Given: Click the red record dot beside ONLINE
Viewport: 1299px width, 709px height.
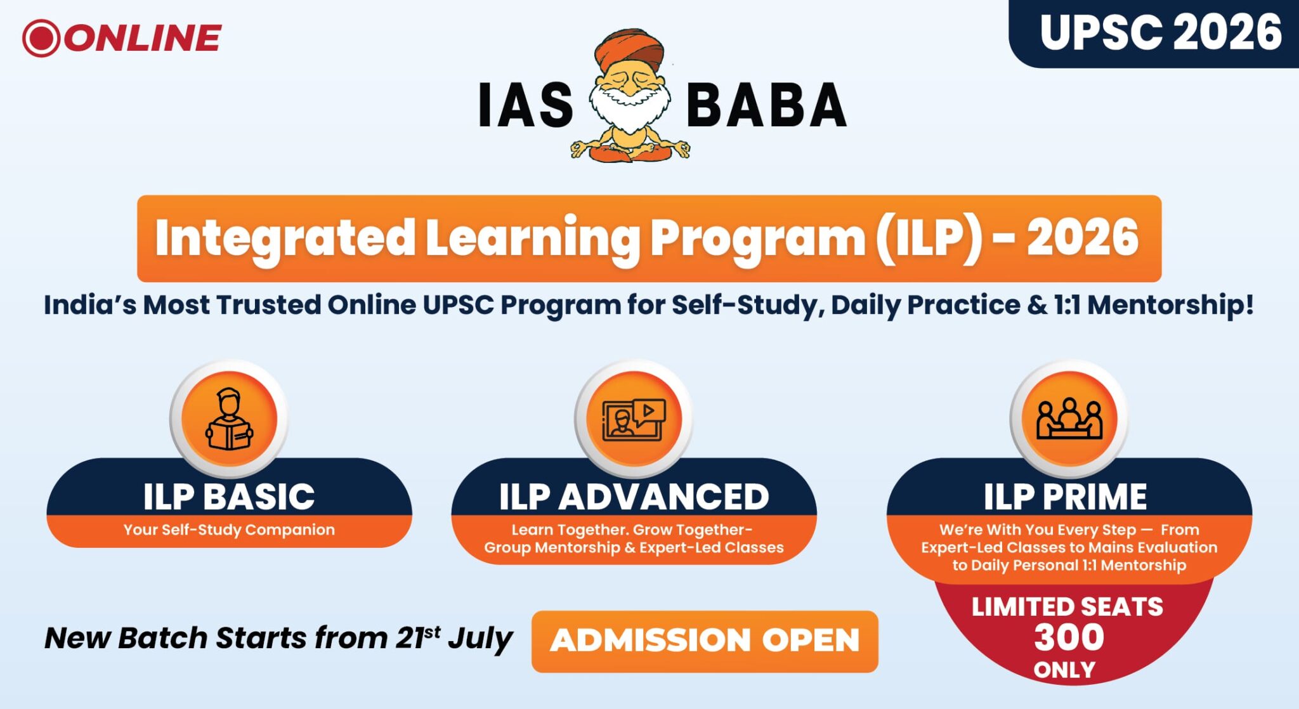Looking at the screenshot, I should [x=41, y=38].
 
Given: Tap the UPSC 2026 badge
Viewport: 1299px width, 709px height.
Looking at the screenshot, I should [x=1160, y=33].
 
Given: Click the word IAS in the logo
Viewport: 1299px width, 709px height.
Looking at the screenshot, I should [x=526, y=105].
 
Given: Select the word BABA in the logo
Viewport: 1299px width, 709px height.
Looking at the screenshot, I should [x=766, y=105].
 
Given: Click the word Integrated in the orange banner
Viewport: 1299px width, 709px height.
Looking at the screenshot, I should [x=285, y=238].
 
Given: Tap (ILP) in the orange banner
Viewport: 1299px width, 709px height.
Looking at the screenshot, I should [x=930, y=238].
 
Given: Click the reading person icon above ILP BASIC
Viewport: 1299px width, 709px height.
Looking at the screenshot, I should [x=229, y=419].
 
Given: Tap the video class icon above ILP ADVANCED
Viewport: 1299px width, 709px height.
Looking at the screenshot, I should [x=634, y=419].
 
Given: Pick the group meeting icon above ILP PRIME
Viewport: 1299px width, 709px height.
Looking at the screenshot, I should [x=1069, y=419].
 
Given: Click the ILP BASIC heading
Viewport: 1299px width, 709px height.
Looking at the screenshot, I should [x=229, y=497].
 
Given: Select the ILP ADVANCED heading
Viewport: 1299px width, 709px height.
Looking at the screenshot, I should [x=634, y=497].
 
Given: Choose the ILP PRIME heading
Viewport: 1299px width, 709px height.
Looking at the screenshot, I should [x=1066, y=497].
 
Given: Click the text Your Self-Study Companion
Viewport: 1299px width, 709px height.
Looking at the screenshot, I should [x=229, y=530].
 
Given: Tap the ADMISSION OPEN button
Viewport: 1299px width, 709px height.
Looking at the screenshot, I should [x=705, y=641].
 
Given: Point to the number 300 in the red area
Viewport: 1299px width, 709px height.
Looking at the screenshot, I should [x=1069, y=637].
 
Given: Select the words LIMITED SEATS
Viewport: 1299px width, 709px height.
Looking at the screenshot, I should [x=1067, y=607].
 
